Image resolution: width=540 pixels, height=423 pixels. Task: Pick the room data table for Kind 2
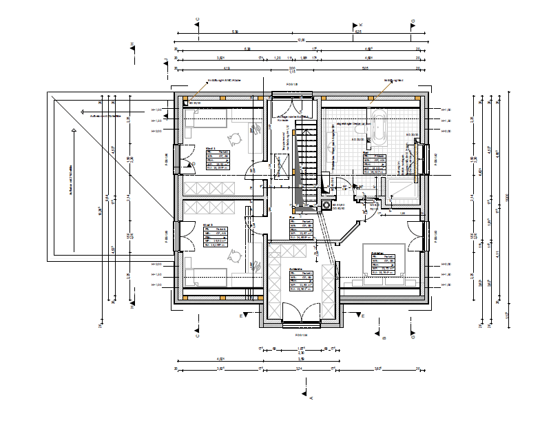click(216, 237)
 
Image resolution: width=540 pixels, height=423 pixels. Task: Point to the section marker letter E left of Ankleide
click(241, 316)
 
